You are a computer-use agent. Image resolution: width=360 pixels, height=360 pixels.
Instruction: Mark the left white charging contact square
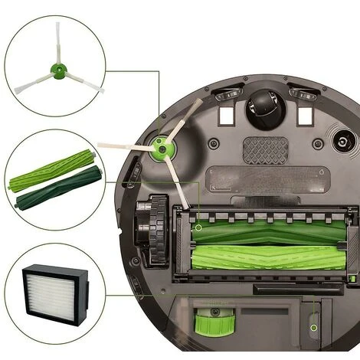(x=226, y=116)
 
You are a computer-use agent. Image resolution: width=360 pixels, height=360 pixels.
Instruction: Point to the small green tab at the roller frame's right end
(x=349, y=277)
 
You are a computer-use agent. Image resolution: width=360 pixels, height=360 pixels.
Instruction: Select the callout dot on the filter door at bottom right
(x=313, y=326)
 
